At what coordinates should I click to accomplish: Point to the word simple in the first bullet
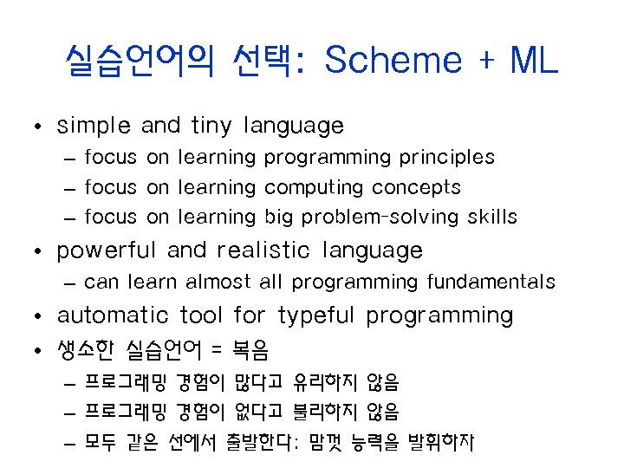pyautogui.click(x=94, y=127)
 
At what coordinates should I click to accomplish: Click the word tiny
pyautogui.click(x=211, y=127)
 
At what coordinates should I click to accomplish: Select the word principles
pyautogui.click(x=446, y=158)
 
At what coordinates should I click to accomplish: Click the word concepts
pyautogui.click(x=417, y=188)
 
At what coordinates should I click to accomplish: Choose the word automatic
pyautogui.click(x=114, y=315)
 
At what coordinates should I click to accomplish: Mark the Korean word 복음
pyautogui.click(x=251, y=350)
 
